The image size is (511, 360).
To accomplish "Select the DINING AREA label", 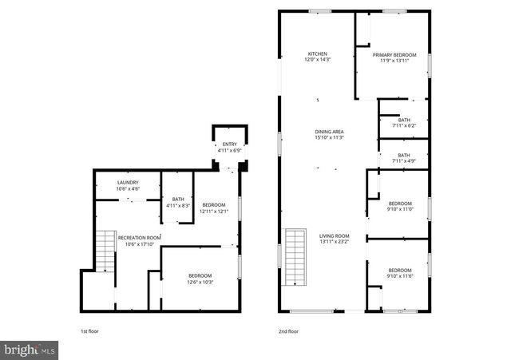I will coord(329,132).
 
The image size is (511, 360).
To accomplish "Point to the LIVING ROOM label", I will coord(335,235).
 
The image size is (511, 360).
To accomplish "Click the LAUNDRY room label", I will coord(128,183).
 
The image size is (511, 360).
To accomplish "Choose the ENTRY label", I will coord(230,144).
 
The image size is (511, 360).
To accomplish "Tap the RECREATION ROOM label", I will coord(139,238).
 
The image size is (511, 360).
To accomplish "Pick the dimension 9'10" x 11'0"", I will coord(399,209).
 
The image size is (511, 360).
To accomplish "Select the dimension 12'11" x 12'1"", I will coord(214,212).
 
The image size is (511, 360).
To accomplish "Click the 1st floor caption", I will coord(89,330).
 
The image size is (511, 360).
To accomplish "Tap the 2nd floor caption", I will coord(287,330).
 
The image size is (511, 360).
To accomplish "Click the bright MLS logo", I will coord(30,349).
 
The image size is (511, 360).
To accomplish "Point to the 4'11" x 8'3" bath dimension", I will coord(177,206).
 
